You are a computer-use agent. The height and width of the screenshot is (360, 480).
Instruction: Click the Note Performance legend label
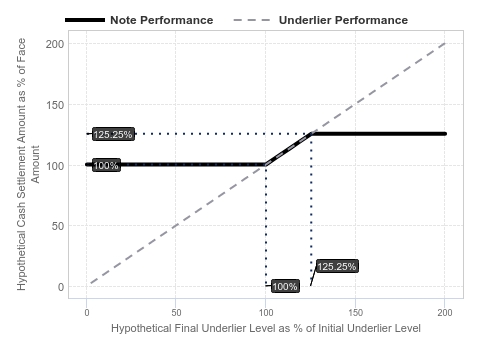(162, 20)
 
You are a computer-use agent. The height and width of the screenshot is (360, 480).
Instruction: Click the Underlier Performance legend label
(343, 20)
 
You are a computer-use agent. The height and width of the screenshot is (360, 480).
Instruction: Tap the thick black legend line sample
(85, 20)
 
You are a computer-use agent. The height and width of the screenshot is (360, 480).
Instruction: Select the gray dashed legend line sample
(252, 20)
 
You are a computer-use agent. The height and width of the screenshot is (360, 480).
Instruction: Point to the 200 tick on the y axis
(55, 44)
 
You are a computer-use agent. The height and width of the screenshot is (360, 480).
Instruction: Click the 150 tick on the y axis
(55, 105)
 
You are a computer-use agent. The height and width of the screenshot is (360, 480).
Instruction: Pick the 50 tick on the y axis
(58, 226)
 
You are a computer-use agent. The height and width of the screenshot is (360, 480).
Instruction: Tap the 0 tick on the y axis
(61, 287)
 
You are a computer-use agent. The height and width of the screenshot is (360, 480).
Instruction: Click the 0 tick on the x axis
(87, 313)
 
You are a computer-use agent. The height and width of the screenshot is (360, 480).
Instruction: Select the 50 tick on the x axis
(176, 313)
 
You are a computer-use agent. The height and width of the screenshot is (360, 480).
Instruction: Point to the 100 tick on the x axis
(266, 313)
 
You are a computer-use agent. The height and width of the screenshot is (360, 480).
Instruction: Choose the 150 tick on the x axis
(356, 313)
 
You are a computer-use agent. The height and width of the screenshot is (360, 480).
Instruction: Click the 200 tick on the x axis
(445, 313)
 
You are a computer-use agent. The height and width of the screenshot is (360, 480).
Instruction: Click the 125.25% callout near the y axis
(113, 134)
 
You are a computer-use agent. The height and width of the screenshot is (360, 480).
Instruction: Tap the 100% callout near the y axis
(106, 165)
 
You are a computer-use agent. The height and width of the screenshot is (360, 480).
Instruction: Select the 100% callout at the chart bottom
(285, 286)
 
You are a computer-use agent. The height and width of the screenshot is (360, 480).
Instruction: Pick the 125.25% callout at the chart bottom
(337, 266)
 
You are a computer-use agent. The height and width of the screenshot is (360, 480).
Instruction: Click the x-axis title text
(266, 328)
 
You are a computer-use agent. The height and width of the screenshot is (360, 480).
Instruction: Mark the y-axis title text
(28, 164)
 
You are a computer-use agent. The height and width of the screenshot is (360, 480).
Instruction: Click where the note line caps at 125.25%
(311, 134)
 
